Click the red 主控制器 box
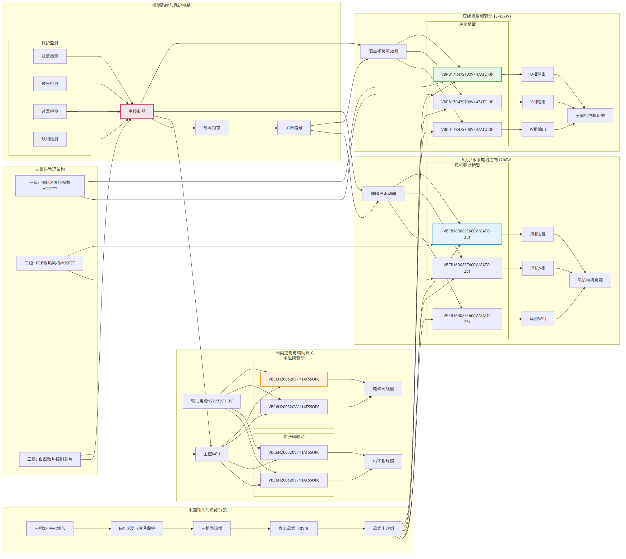137,112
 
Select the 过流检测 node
50,56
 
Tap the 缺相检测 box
50,139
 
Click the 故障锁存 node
211,128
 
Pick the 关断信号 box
294,128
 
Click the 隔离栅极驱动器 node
383,51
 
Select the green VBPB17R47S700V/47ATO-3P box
467,74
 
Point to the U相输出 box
538,74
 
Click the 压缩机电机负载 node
590,116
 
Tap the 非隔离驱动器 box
383,194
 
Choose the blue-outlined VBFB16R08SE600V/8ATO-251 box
467,234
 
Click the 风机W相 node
538,319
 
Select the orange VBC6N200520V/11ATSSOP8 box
294,379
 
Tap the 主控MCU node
211,454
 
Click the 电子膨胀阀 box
383,461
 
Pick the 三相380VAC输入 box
50,529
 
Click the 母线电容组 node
383,529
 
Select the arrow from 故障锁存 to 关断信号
253,128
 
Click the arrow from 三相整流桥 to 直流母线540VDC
250,529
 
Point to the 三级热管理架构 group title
50,169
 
